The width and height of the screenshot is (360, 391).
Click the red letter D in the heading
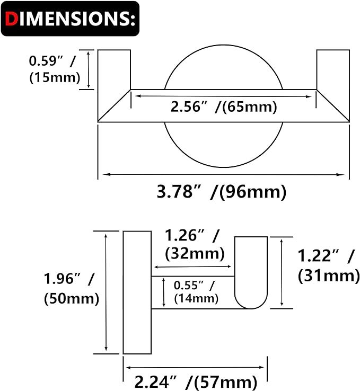click(12, 19)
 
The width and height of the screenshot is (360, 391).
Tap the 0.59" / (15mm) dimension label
click(54, 69)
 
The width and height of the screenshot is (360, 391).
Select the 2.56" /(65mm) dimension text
click(224, 107)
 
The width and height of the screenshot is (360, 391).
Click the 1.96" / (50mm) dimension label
click(71, 287)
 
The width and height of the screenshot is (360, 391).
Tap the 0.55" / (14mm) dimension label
click(194, 291)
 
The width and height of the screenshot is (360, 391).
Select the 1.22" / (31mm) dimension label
click(326, 265)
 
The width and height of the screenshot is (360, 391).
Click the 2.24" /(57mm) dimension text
click(196, 381)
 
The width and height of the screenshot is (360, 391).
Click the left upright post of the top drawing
click(114, 79)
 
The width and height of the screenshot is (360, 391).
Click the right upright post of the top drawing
click(333, 79)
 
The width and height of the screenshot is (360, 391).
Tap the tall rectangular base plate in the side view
click(137, 292)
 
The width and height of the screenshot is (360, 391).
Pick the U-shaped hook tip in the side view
click(251, 273)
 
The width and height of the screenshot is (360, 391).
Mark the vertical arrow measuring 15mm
click(89, 69)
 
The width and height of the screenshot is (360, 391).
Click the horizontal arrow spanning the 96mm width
click(223, 174)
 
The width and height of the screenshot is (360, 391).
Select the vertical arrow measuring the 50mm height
click(107, 292)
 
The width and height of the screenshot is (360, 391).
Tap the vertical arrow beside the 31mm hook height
click(282, 272)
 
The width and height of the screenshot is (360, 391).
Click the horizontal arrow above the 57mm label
click(196, 367)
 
